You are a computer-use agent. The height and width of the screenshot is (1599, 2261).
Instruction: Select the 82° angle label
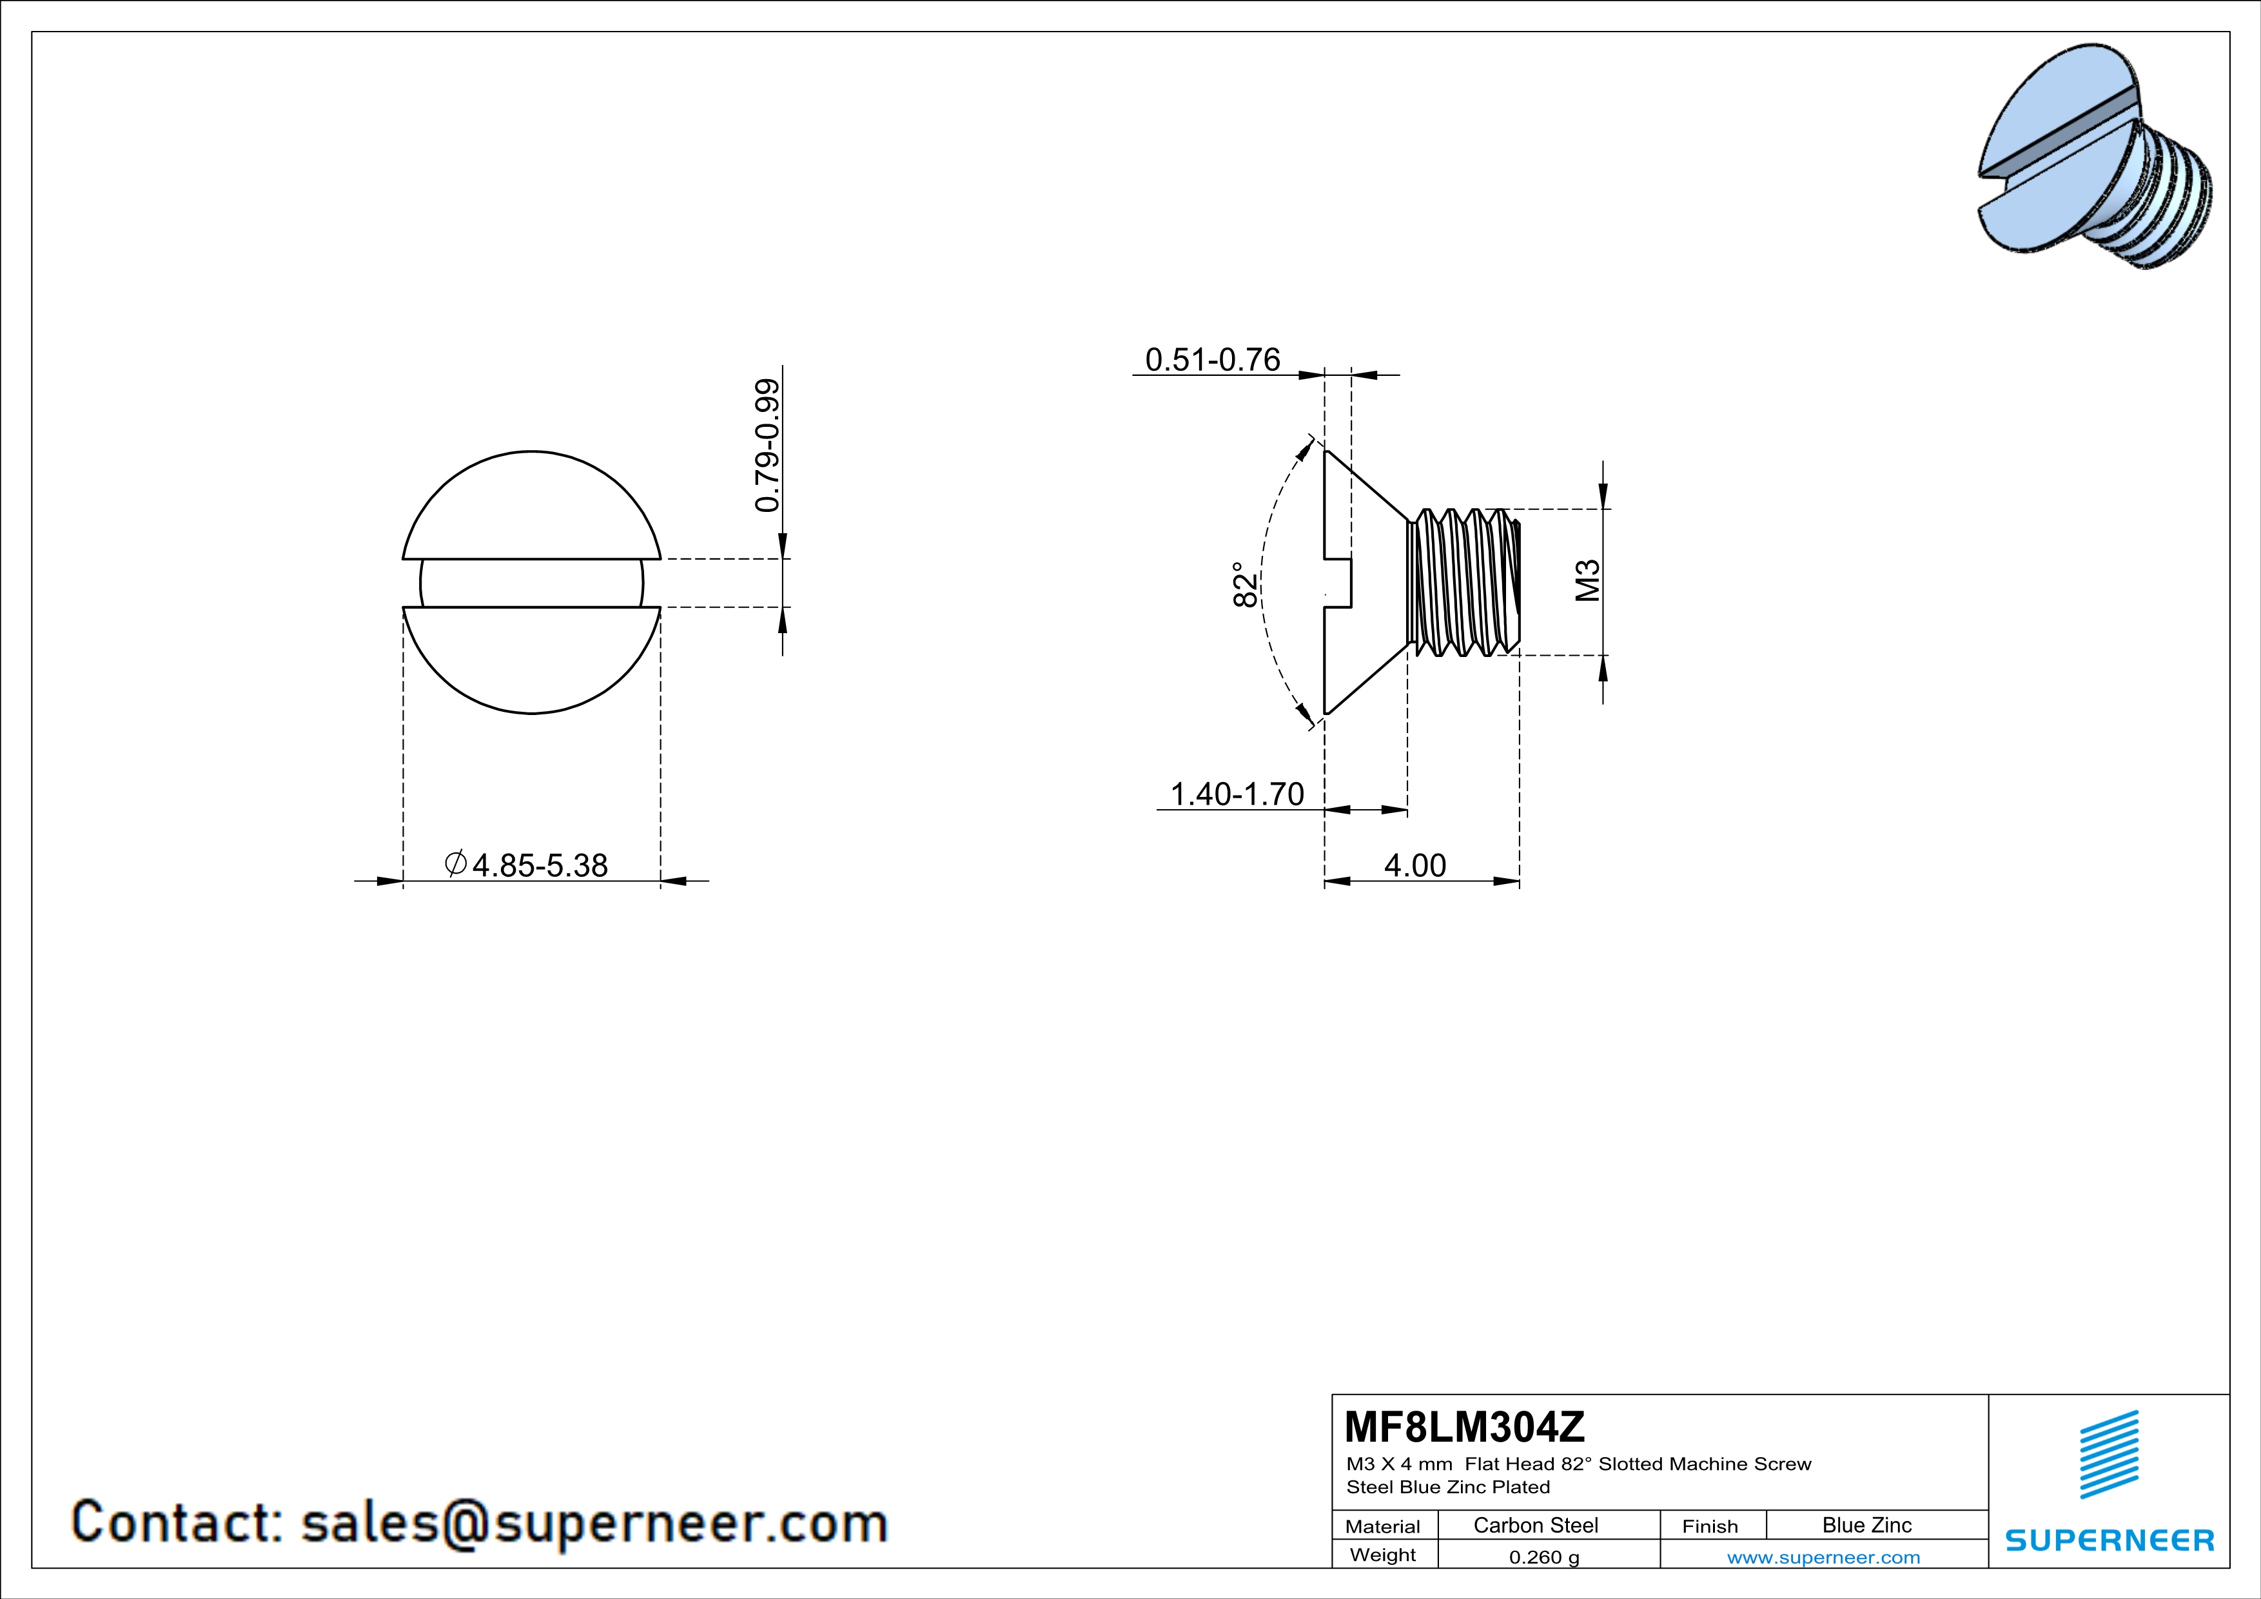pos(1246,585)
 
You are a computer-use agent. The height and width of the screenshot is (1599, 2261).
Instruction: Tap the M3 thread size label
pos(1587,581)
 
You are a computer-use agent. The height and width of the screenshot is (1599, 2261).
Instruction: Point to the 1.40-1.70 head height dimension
pos(1237,794)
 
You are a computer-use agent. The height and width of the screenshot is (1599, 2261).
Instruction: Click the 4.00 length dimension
pos(1415,865)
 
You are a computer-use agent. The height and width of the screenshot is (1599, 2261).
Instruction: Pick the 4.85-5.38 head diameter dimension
pos(528,865)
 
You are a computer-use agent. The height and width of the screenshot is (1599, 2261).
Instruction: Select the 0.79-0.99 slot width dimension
pos(768,445)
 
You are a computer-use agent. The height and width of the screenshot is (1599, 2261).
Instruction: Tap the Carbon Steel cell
pos(1535,1525)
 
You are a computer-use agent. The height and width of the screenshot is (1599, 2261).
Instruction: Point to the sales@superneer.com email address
pos(594,1522)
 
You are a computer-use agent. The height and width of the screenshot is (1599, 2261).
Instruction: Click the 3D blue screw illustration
pos(2095,157)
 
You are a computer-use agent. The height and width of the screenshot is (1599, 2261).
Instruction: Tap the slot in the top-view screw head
pos(532,583)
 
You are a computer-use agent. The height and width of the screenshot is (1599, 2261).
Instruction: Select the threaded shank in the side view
pos(1464,582)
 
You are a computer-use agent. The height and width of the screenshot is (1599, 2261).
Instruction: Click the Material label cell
pos(1383,1526)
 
